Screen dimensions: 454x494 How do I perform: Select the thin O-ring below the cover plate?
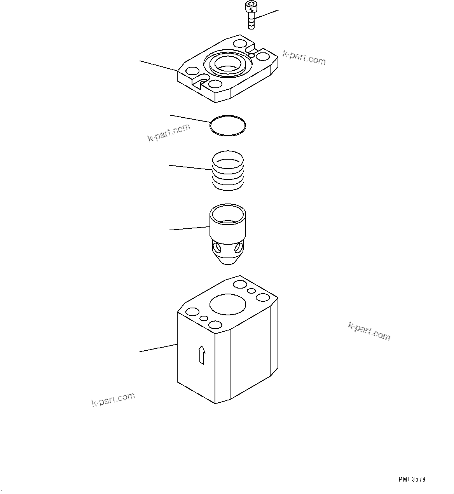[x=228, y=125]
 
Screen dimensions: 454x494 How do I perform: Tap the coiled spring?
[x=228, y=171]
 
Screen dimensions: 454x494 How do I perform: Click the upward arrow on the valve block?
[x=202, y=355]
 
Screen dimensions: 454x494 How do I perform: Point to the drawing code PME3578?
[x=412, y=479]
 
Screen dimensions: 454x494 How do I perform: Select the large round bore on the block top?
[x=228, y=304]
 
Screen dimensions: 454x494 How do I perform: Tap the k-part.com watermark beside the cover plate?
[x=304, y=57]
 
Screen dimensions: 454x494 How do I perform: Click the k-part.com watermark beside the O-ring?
[x=169, y=132]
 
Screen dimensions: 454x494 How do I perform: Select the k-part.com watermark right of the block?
[x=369, y=331]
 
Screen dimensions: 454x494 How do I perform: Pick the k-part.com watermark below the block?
[x=113, y=399]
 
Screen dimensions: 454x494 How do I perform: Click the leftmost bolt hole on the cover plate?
[x=193, y=71]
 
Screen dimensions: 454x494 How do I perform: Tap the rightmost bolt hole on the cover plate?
[x=263, y=57]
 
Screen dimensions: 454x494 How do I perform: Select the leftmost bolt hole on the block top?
[x=193, y=312]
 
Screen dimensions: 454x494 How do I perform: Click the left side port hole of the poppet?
[x=217, y=247]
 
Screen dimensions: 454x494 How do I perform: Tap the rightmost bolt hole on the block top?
[x=263, y=298]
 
